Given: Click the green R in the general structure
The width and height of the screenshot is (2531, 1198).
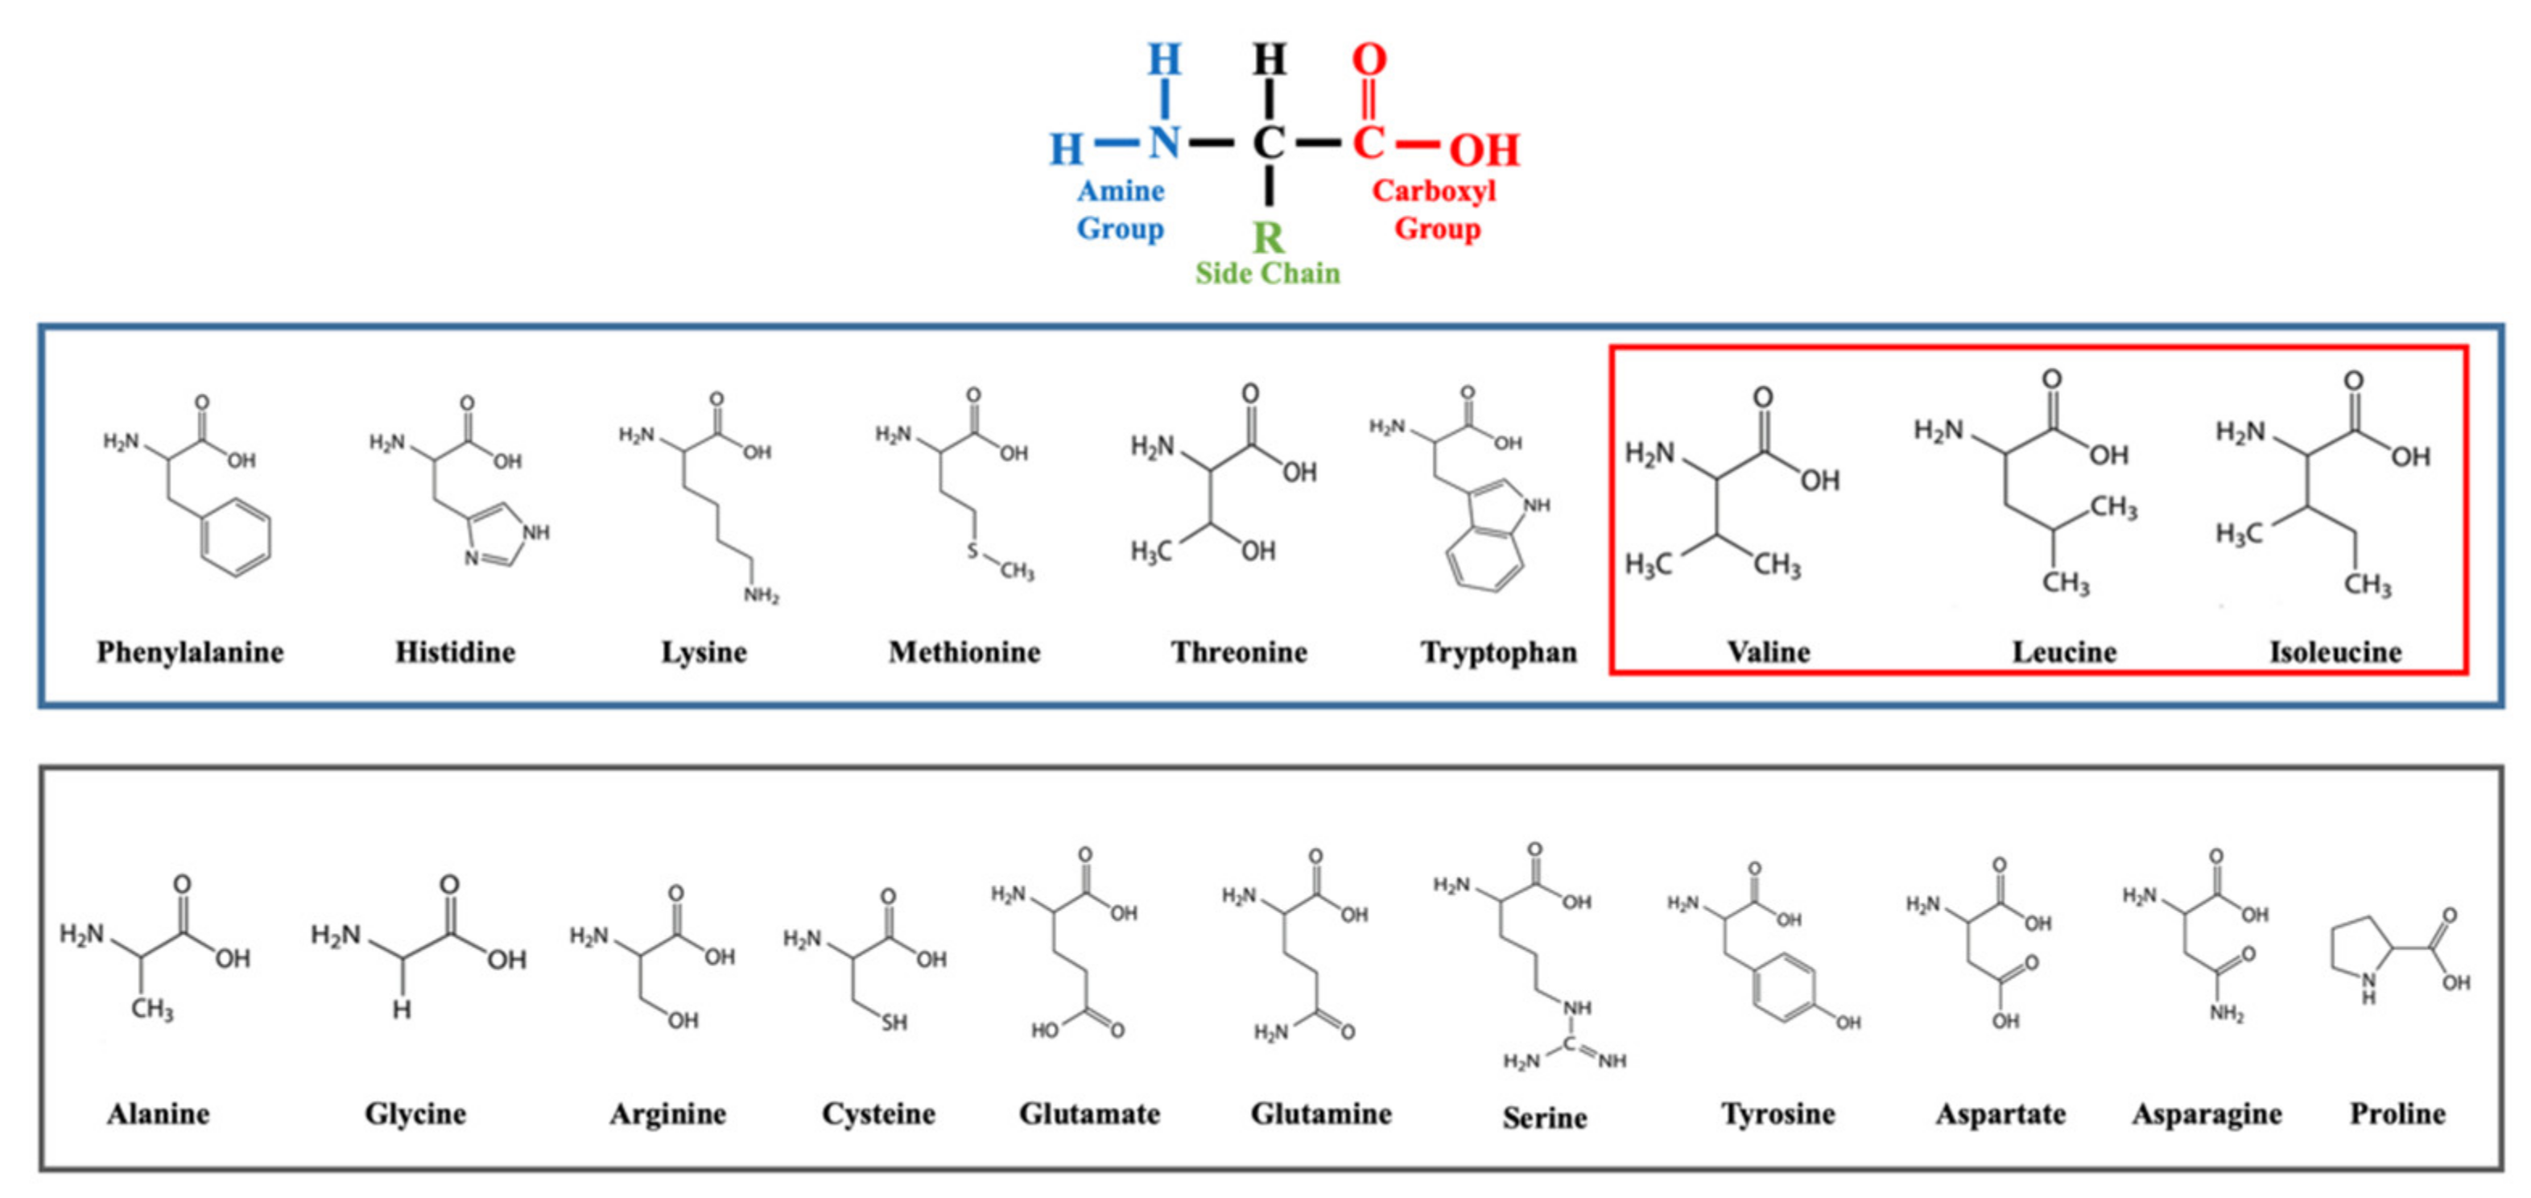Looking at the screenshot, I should (1267, 238).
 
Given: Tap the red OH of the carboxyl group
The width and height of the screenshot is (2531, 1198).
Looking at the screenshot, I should (1484, 151).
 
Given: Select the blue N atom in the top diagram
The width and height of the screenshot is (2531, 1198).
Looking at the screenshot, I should (1164, 143).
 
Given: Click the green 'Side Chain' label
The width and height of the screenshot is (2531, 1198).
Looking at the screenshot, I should (1267, 273).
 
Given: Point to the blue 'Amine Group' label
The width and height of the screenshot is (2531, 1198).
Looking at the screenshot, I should (1120, 209).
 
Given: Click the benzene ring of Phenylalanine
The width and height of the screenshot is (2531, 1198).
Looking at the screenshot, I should (236, 536).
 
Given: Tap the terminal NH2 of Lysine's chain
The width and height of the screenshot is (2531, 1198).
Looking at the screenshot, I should (761, 596).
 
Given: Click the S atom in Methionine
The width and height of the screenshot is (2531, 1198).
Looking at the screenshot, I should (972, 551).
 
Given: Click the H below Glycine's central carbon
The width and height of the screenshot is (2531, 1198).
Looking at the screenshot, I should (402, 1010).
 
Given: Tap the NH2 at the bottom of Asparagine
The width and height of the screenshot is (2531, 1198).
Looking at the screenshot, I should (2227, 1014).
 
